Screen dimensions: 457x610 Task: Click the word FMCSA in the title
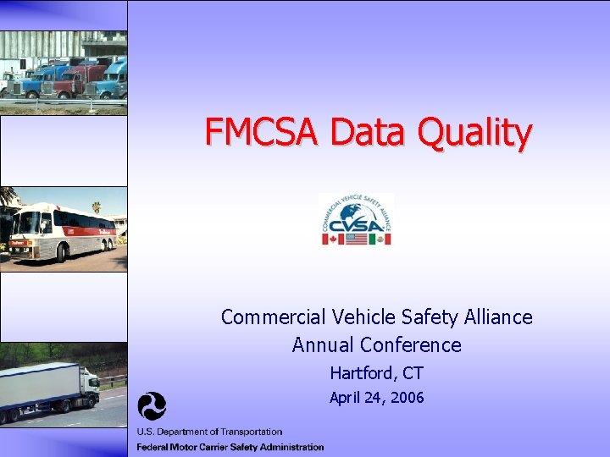coord(262,133)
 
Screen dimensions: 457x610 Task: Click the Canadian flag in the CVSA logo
coord(333,240)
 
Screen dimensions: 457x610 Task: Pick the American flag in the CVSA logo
coord(356,240)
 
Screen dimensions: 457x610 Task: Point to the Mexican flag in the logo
coord(380,240)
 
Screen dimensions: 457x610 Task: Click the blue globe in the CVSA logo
coord(357,211)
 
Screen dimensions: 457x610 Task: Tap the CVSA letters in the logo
coord(356,224)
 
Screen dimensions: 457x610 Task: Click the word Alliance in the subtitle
coord(499,317)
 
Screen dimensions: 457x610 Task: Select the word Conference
coord(410,345)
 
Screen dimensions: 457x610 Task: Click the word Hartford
coord(359,373)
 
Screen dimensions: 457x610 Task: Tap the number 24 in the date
coord(373,398)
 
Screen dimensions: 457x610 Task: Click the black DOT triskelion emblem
coord(152,407)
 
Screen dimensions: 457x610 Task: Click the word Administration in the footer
coord(289,447)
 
